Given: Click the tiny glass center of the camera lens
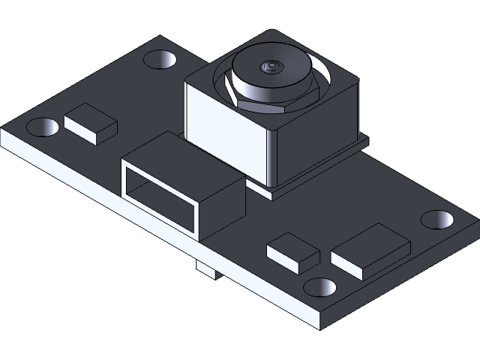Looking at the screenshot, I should point(271,68).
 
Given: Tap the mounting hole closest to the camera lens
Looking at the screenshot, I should point(161,59).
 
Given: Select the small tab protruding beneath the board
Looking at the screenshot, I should point(205,271).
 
